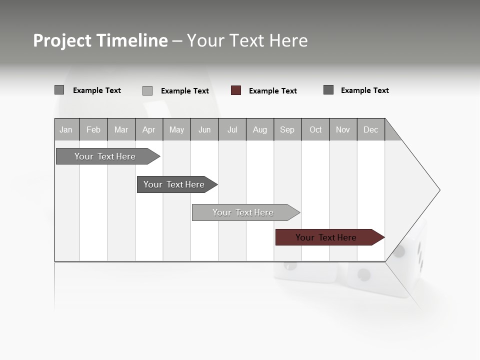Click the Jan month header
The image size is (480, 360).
tap(66, 129)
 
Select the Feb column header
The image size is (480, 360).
tap(93, 129)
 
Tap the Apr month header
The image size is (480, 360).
tap(149, 129)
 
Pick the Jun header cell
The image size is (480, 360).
tap(204, 129)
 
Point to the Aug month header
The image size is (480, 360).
tap(260, 129)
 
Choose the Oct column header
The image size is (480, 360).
tap(315, 129)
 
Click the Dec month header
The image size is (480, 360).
tap(371, 129)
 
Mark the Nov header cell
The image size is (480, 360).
tap(343, 129)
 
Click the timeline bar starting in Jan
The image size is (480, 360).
tap(105, 156)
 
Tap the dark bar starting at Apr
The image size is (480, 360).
tap(173, 184)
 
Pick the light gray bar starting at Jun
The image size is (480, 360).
tap(242, 212)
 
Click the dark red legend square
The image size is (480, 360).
tap(236, 90)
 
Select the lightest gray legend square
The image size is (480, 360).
tap(147, 90)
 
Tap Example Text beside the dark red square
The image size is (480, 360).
tap(272, 91)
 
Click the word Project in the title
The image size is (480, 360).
tap(62, 41)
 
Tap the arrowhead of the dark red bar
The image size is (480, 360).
tap(379, 237)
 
